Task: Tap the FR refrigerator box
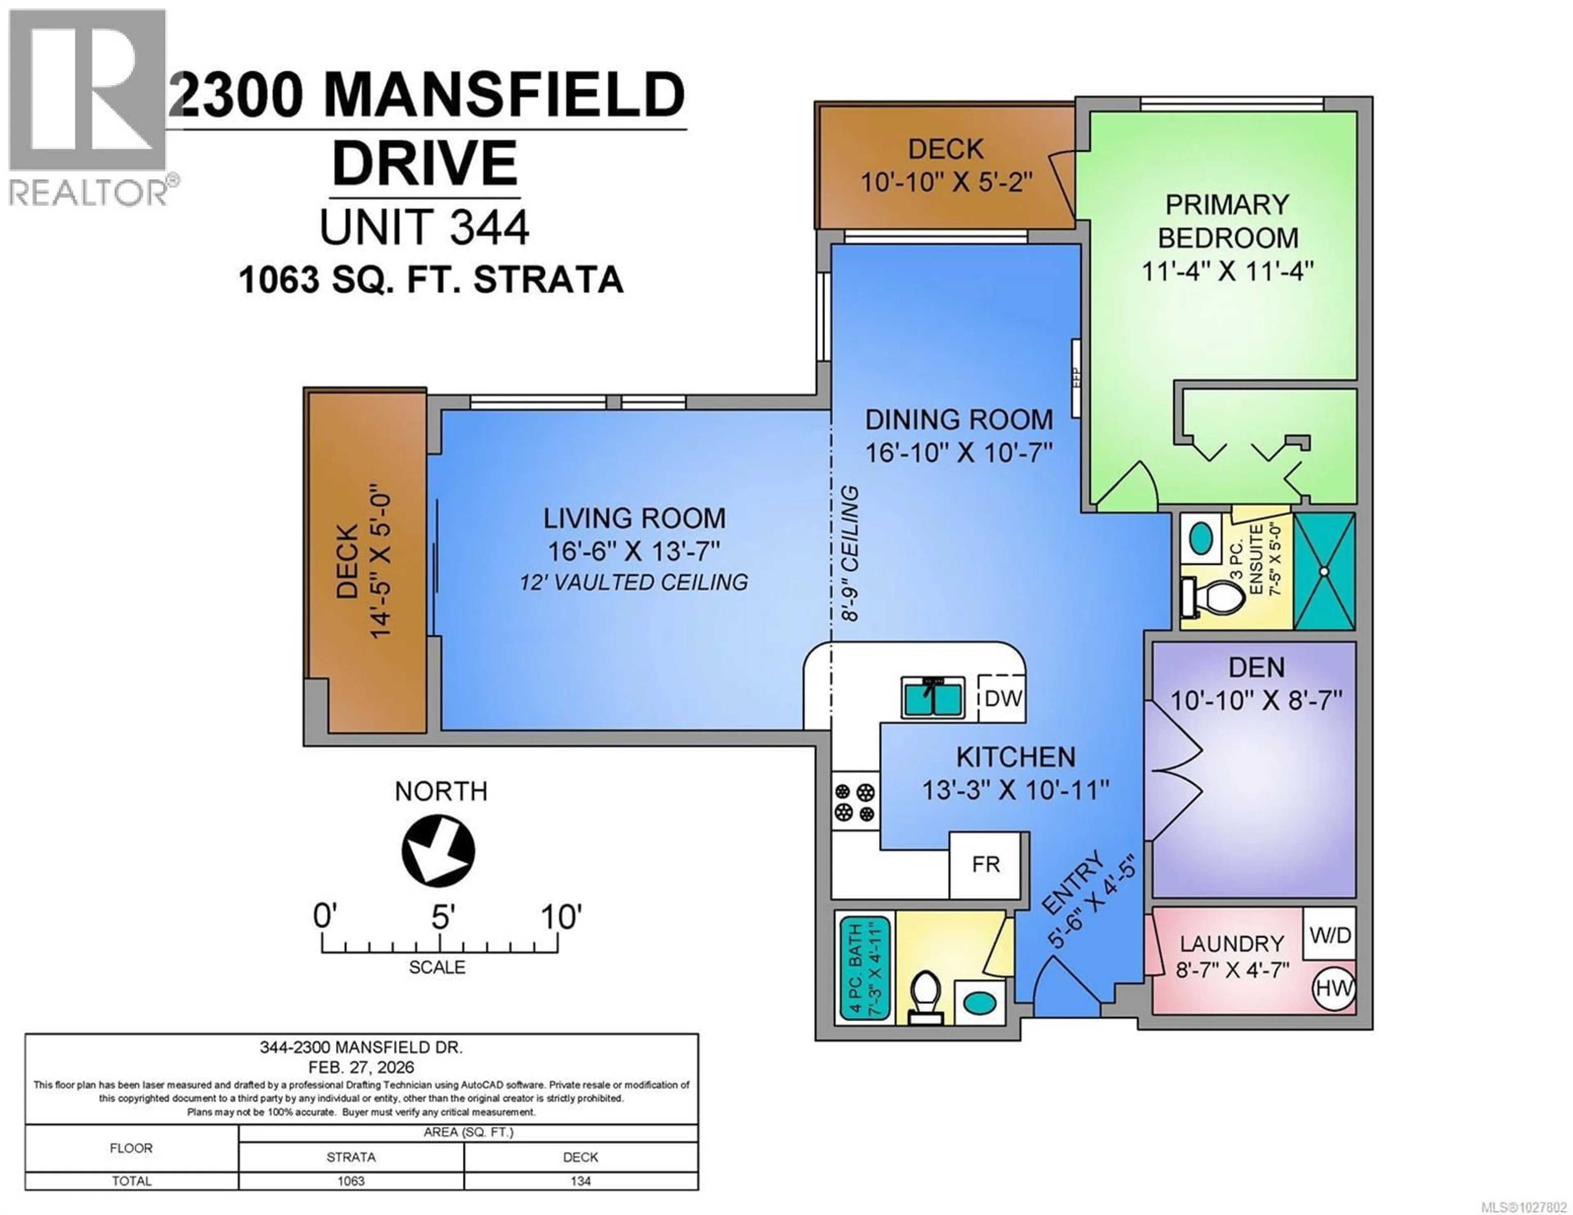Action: click(x=985, y=864)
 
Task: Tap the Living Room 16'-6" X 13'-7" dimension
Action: click(x=634, y=552)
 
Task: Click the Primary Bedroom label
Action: click(x=1227, y=221)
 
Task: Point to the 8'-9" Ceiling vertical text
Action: click(x=850, y=554)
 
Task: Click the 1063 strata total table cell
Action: click(x=351, y=1181)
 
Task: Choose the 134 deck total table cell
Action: click(x=580, y=1181)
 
